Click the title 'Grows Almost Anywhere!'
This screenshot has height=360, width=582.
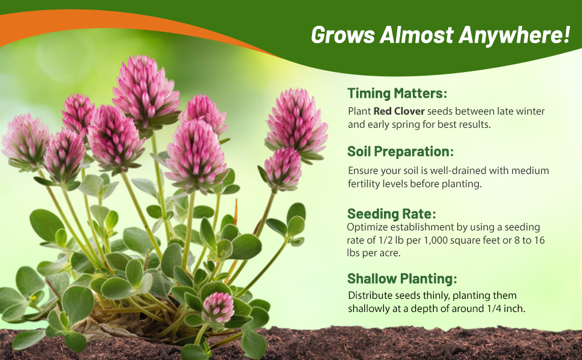pyautogui.click(x=440, y=35)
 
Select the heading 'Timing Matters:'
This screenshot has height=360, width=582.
pyautogui.click(x=397, y=94)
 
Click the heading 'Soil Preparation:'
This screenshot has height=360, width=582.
pyautogui.click(x=400, y=151)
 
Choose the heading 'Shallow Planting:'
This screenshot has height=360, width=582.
pyautogui.click(x=402, y=278)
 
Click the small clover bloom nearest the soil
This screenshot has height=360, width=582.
pyautogui.click(x=218, y=307)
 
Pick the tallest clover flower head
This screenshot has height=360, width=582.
pyautogui.click(x=146, y=87)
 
